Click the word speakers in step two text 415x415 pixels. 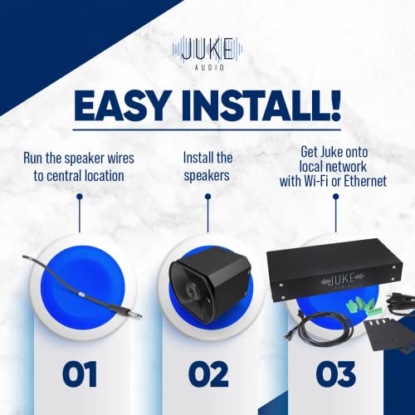pos(207,175)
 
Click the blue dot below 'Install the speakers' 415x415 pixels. pos(207,198)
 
